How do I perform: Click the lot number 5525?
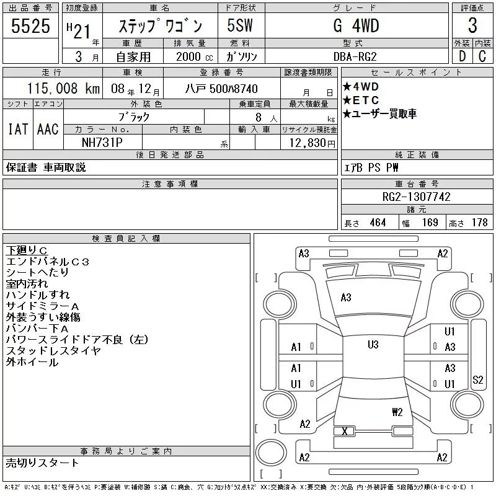[x=30, y=26]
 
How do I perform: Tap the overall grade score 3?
[x=472, y=25]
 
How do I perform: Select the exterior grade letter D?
[x=462, y=56]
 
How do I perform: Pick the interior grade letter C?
[x=482, y=56]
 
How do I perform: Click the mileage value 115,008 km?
[x=63, y=88]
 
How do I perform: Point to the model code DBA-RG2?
[x=355, y=56]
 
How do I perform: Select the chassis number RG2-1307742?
[x=416, y=197]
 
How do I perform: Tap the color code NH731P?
[x=102, y=143]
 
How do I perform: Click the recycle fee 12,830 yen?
[x=312, y=143]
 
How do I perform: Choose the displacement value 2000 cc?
[x=194, y=56]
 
